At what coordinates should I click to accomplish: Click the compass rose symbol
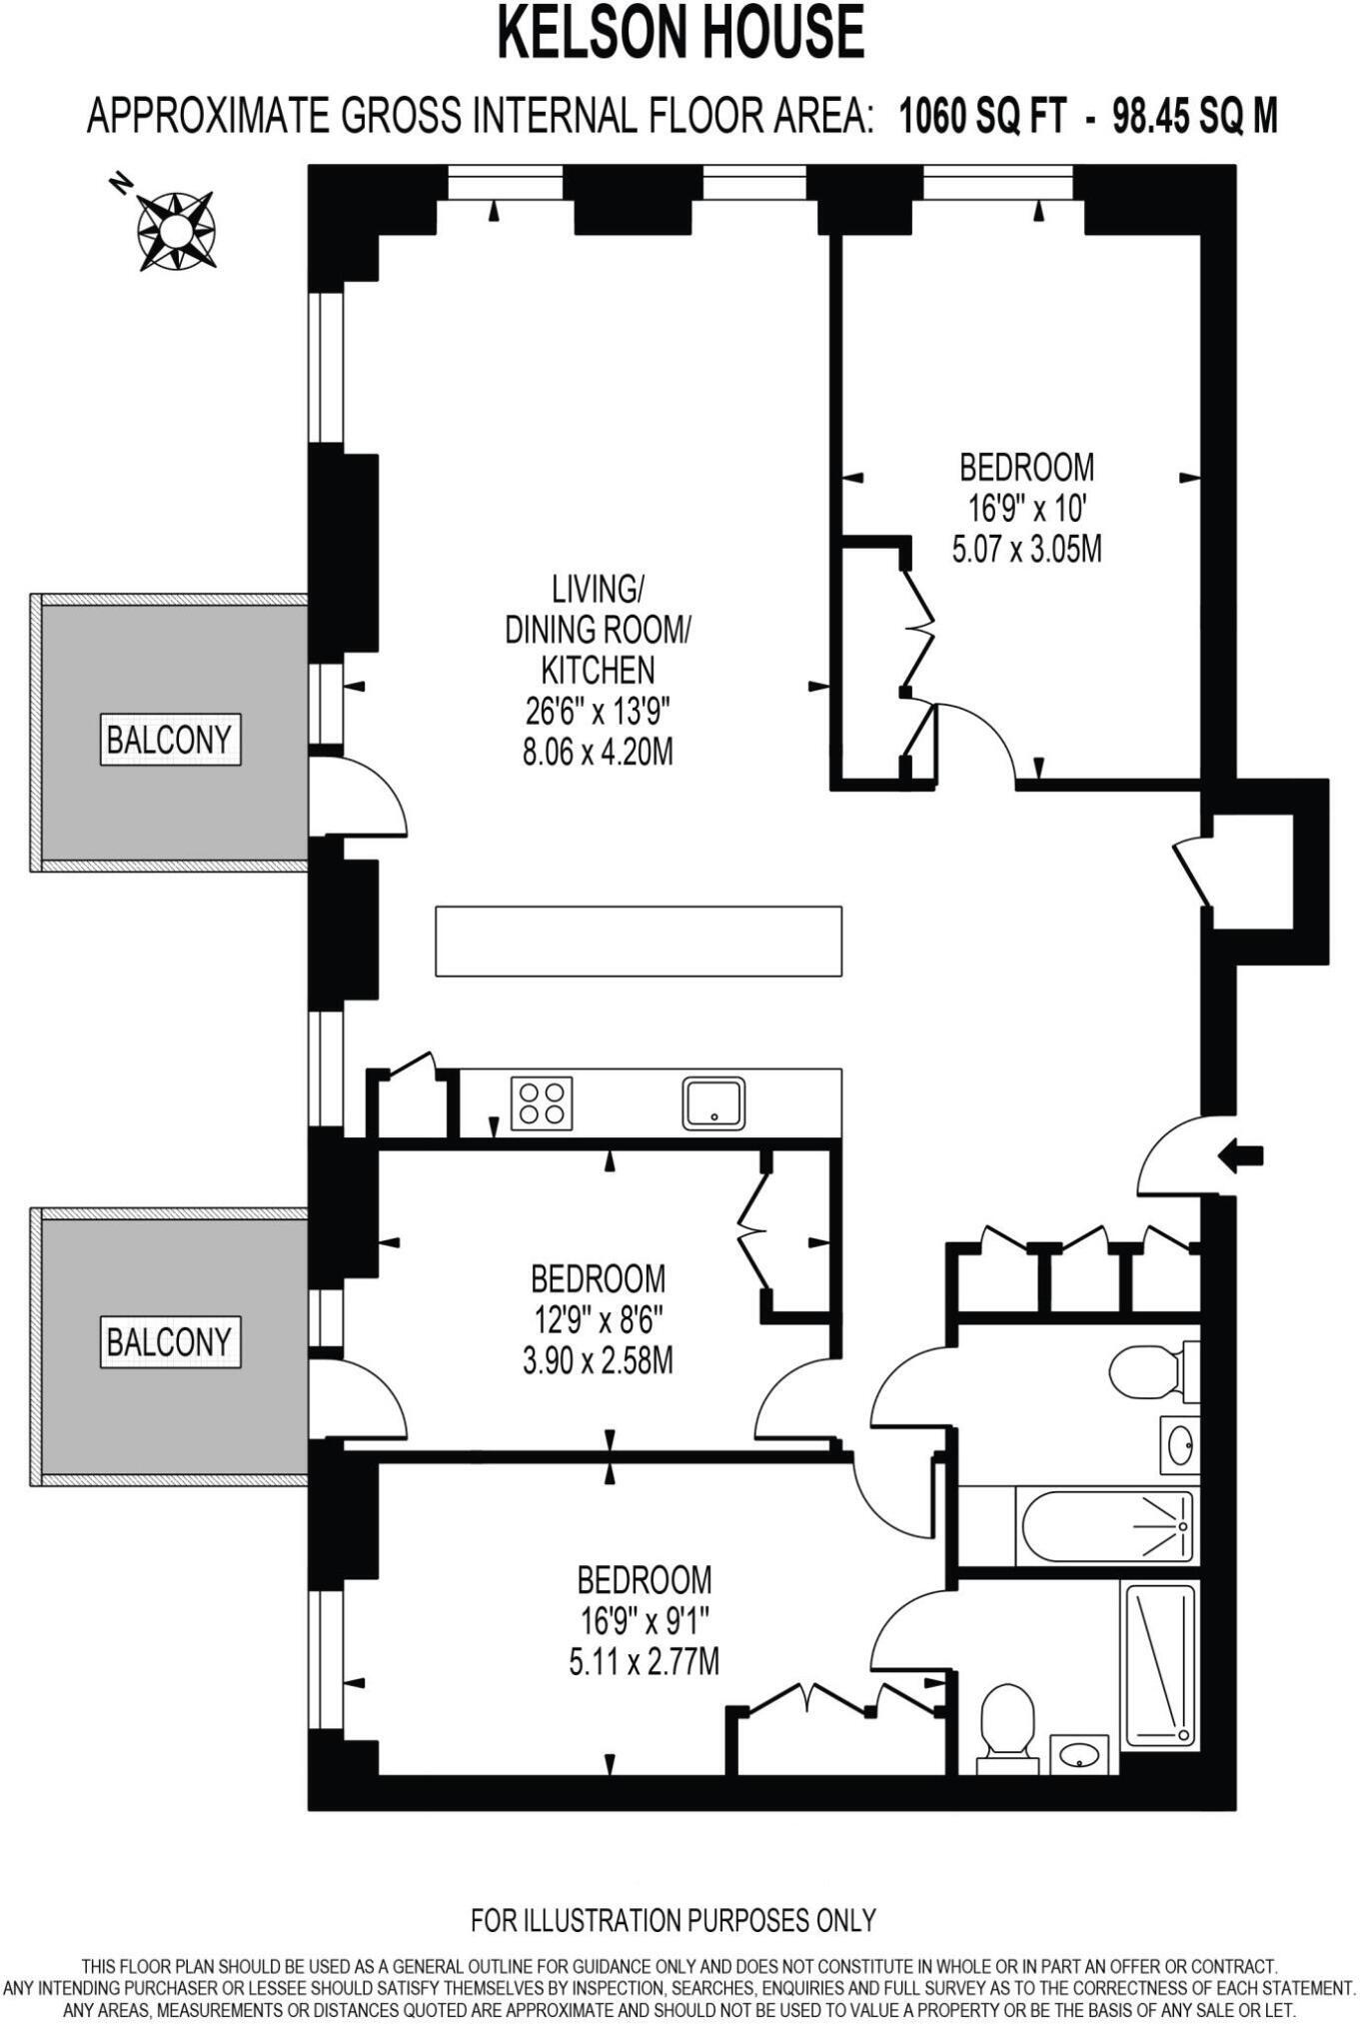(x=175, y=230)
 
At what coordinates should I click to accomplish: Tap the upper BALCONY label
(x=170, y=740)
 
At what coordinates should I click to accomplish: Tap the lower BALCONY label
(x=170, y=1341)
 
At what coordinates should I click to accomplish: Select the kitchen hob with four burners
(x=542, y=1102)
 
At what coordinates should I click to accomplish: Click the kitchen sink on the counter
(x=713, y=1102)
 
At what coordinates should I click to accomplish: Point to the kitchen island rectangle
(x=638, y=941)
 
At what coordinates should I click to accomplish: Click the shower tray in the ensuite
(x=1159, y=1665)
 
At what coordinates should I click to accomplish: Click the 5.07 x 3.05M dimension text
(x=1026, y=550)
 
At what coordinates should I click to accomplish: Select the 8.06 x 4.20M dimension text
(x=598, y=752)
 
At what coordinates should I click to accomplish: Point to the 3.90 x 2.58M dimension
(x=598, y=1360)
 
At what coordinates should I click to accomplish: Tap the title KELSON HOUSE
(x=680, y=32)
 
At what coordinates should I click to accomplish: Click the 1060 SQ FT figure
(x=982, y=117)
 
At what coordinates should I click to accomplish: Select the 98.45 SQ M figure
(x=1195, y=117)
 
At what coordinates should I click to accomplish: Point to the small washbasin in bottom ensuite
(x=1079, y=1754)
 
